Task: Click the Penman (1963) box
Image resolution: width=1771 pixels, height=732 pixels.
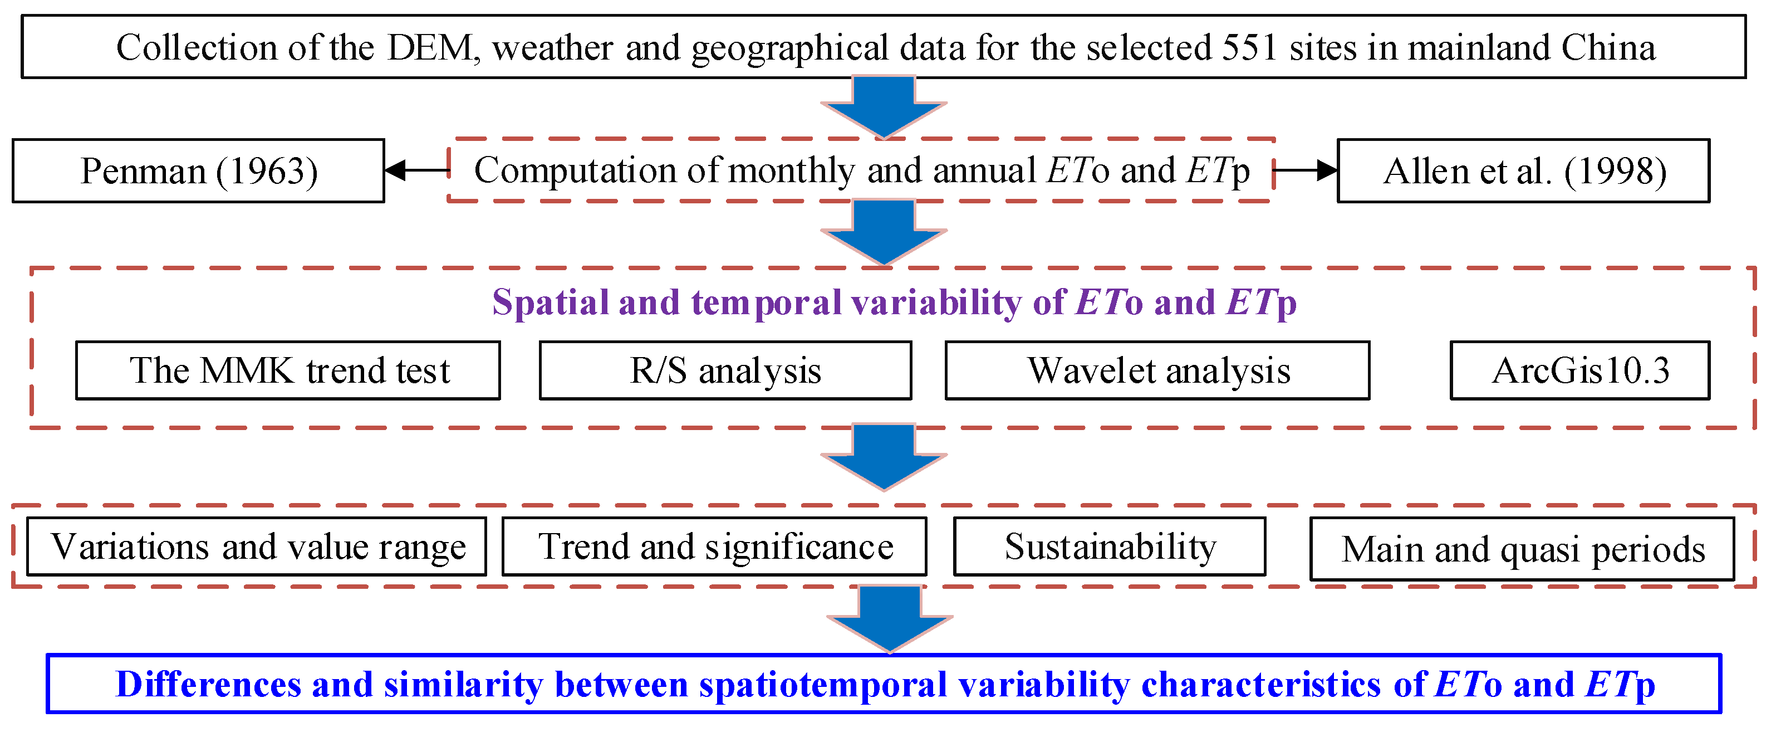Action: click(x=198, y=170)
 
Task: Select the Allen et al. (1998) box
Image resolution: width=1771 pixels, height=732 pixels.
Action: click(x=1523, y=170)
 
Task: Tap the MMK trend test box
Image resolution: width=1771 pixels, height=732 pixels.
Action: click(x=288, y=370)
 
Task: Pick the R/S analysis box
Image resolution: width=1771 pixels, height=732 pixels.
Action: click(x=725, y=370)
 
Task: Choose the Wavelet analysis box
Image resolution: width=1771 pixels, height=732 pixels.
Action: click(x=1158, y=370)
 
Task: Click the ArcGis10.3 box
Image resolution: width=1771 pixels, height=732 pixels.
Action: click(x=1580, y=370)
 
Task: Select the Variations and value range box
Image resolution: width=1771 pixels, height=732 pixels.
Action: click(x=257, y=546)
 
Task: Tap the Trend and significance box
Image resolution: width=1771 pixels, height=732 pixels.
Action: click(x=714, y=546)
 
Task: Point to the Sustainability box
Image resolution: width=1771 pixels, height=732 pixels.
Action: click(x=1110, y=546)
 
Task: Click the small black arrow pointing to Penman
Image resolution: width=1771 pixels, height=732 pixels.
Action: click(x=416, y=169)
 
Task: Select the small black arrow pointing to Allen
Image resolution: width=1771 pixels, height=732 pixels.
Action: click(x=1305, y=169)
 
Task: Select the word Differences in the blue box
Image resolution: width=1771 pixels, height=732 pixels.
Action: click(x=208, y=685)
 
